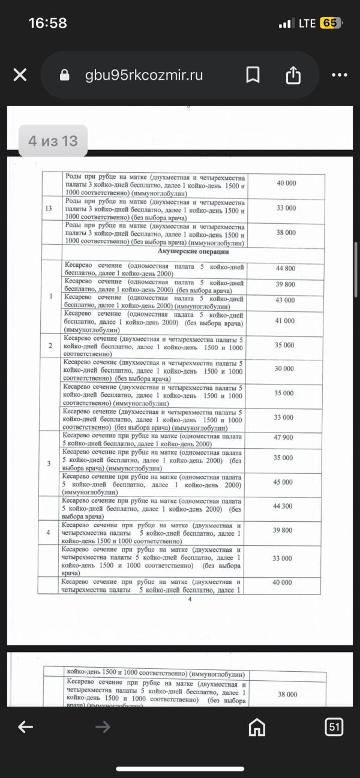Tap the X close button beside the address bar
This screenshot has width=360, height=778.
tap(20, 75)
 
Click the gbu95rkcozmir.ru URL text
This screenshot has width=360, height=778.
tap(144, 75)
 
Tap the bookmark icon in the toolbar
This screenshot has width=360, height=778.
tap(253, 75)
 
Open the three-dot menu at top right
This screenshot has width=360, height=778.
tap(339, 75)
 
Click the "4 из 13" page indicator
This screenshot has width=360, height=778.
tap(53, 141)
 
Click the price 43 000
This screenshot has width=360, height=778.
tap(285, 300)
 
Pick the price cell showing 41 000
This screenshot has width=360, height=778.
tap(285, 321)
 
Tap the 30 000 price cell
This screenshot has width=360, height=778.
tap(285, 369)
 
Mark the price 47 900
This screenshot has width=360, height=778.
tap(285, 437)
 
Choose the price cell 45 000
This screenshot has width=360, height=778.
tap(285, 482)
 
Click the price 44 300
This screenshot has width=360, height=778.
tap(285, 506)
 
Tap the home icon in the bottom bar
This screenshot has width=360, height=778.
tap(257, 727)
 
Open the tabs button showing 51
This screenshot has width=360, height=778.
tap(334, 727)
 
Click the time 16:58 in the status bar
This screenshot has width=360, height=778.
tap(48, 23)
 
